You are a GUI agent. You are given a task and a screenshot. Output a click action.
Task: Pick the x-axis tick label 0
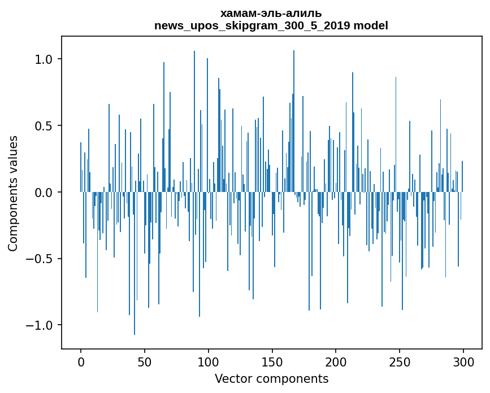(x=81, y=362)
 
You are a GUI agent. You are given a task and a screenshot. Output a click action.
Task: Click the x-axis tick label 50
(x=145, y=362)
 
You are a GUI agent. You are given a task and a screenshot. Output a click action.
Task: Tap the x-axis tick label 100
(x=209, y=362)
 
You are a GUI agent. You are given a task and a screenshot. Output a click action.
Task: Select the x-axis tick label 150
(x=272, y=362)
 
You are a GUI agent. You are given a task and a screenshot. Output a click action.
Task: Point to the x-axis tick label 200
(x=336, y=362)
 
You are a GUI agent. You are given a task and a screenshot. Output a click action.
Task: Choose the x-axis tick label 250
(x=400, y=362)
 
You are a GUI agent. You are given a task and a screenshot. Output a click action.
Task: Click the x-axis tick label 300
(x=464, y=362)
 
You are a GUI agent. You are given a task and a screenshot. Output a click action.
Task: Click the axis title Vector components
(x=271, y=379)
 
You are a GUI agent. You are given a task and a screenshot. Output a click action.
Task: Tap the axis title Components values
(x=13, y=193)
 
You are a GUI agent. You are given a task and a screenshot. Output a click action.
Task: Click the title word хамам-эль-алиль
(x=271, y=14)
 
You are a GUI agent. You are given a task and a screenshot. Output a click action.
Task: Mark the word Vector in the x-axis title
(x=233, y=379)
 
